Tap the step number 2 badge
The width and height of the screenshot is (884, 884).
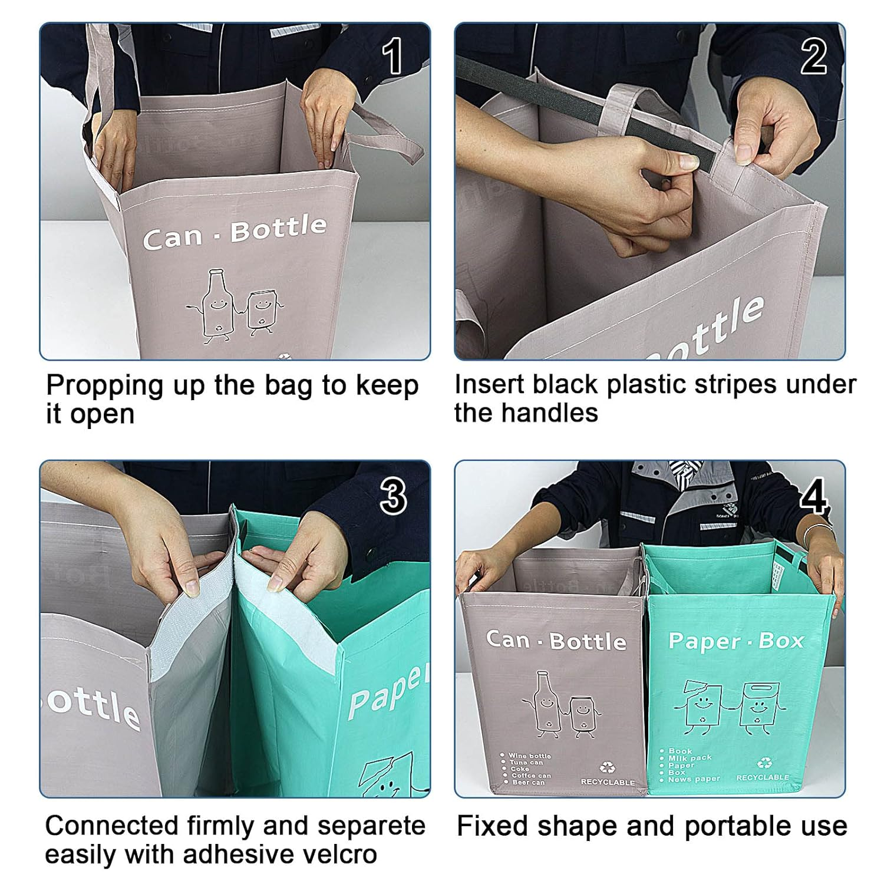[x=813, y=57]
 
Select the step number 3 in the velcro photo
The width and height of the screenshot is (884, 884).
[x=393, y=496]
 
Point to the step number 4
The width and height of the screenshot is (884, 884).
[x=814, y=496]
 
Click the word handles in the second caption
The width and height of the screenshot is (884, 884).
[x=555, y=413]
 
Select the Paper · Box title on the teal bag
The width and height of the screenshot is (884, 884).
[x=735, y=641]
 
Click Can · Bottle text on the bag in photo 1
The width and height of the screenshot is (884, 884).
[x=234, y=233]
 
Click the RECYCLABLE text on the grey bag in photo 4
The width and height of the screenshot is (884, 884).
[x=608, y=782]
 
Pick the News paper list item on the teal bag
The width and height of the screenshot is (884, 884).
[x=694, y=779]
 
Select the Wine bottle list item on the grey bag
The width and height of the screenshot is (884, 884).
[x=529, y=756]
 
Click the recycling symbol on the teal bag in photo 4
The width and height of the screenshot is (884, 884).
[x=764, y=763]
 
